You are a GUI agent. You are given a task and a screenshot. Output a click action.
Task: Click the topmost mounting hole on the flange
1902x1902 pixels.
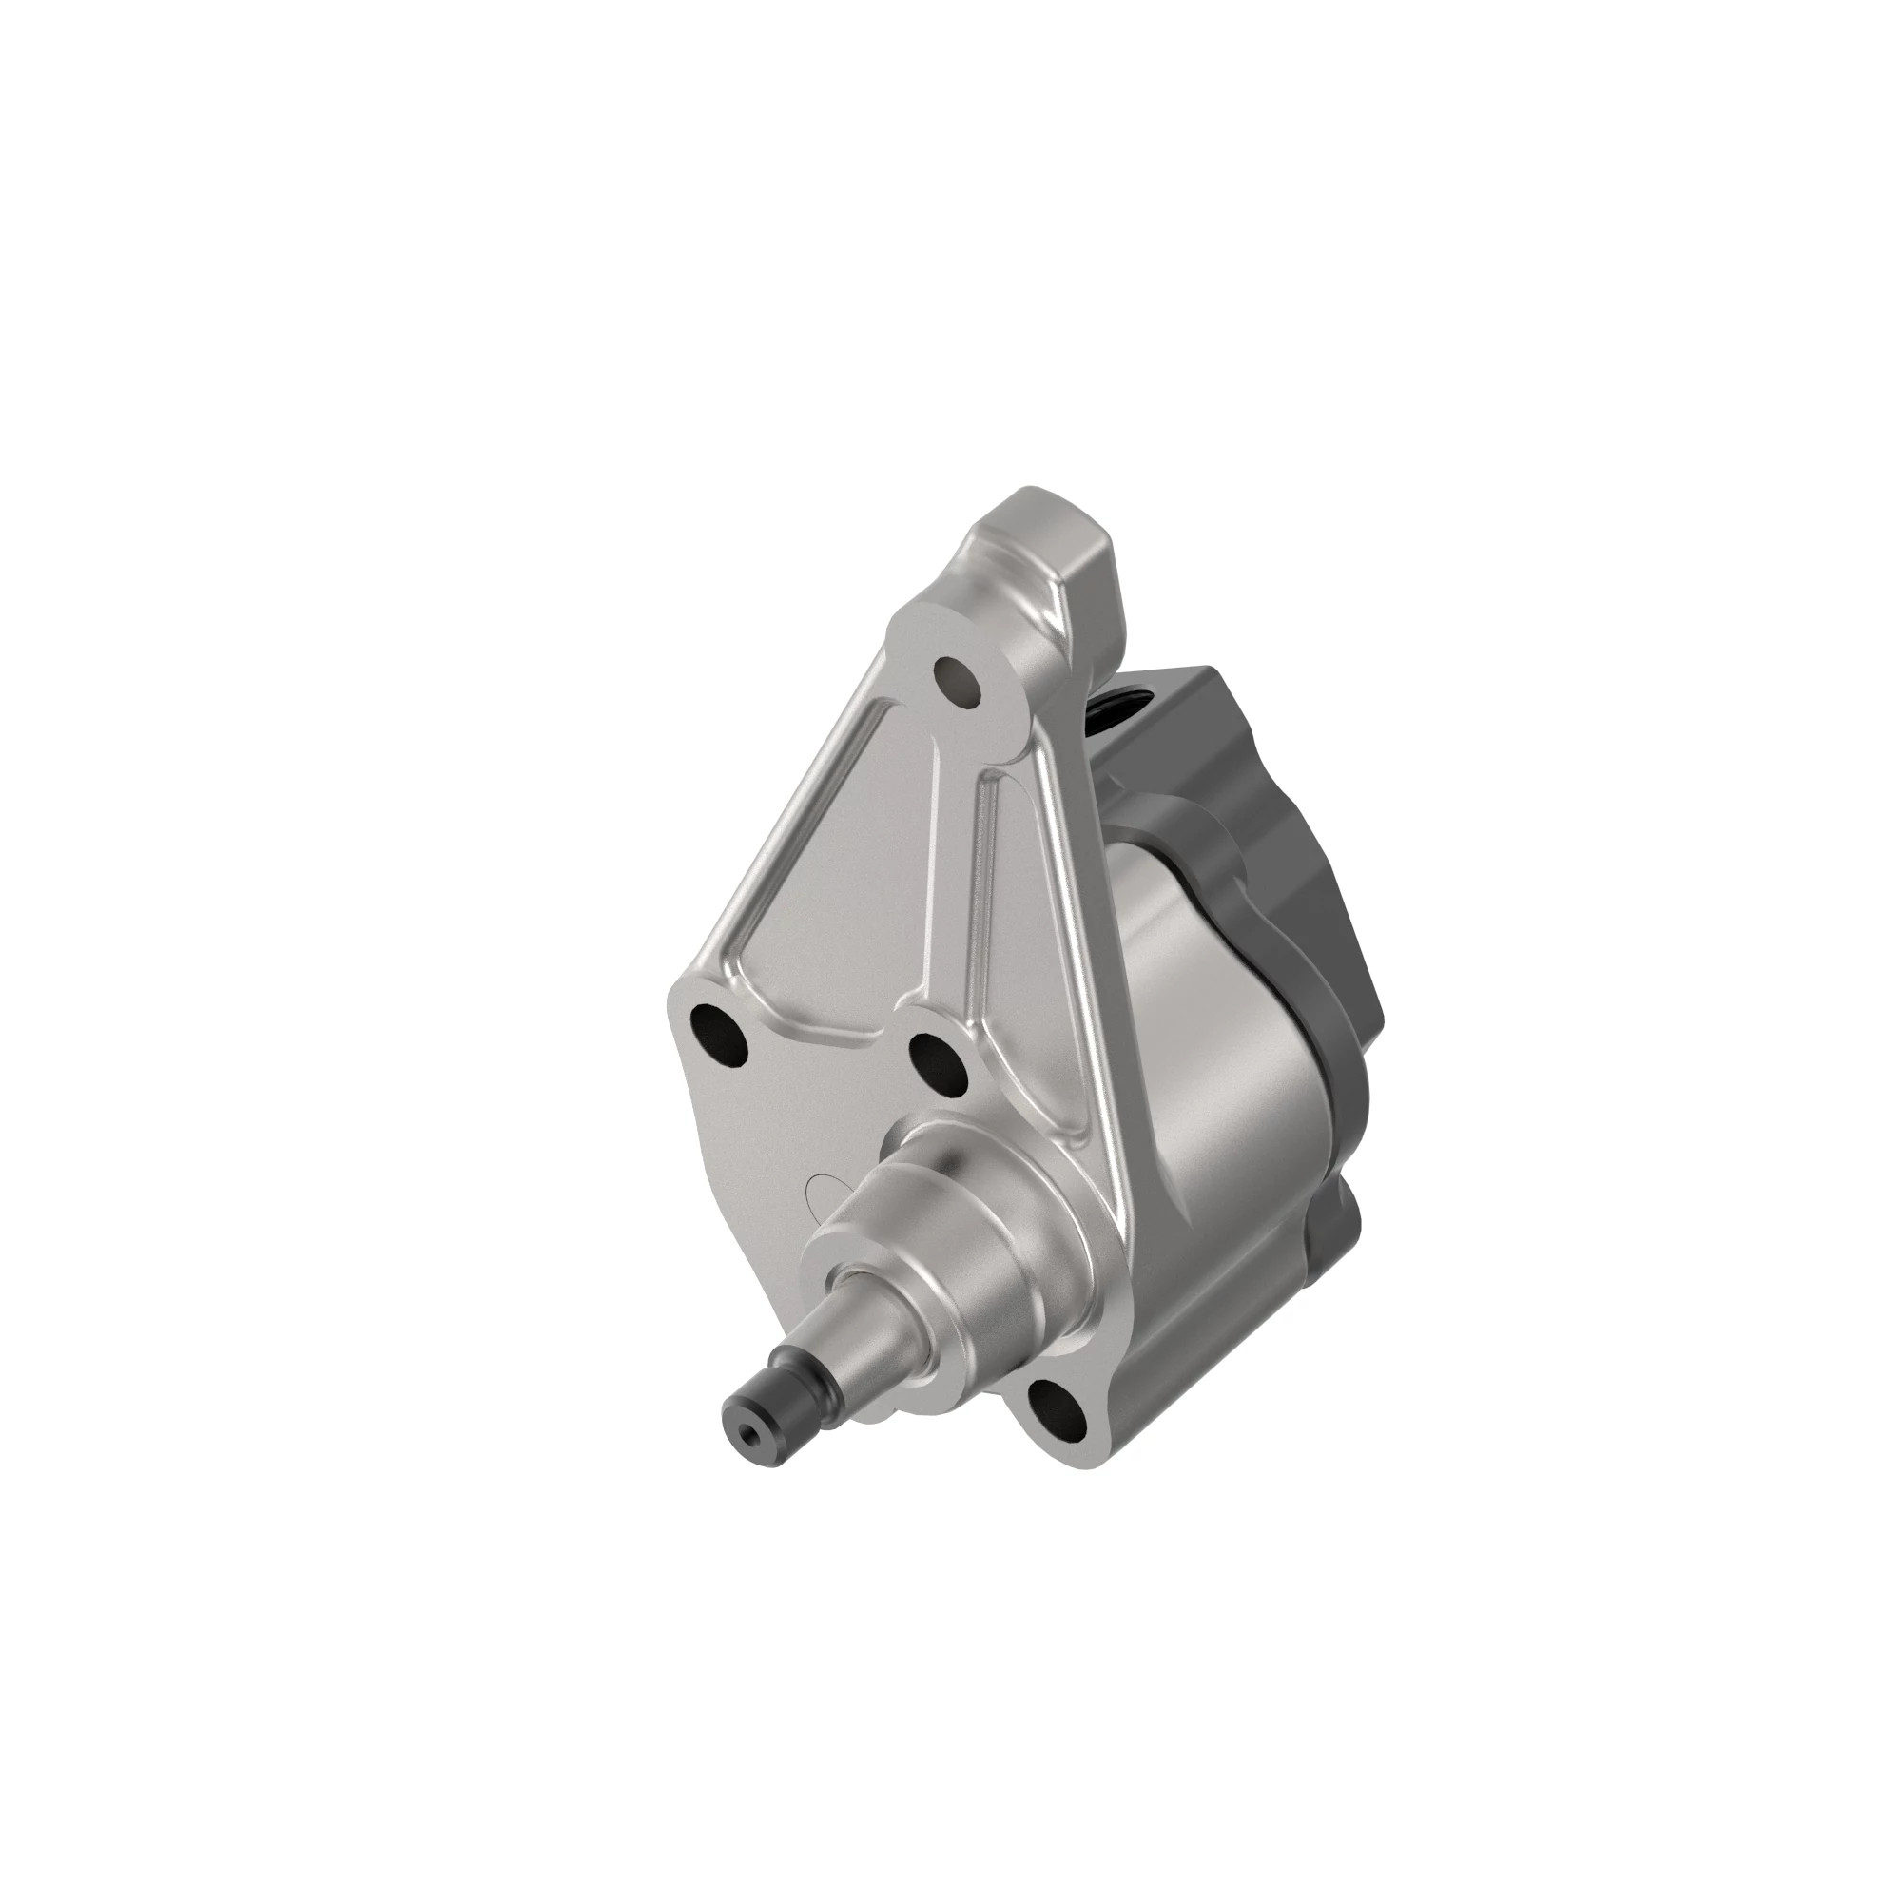(x=957, y=680)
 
